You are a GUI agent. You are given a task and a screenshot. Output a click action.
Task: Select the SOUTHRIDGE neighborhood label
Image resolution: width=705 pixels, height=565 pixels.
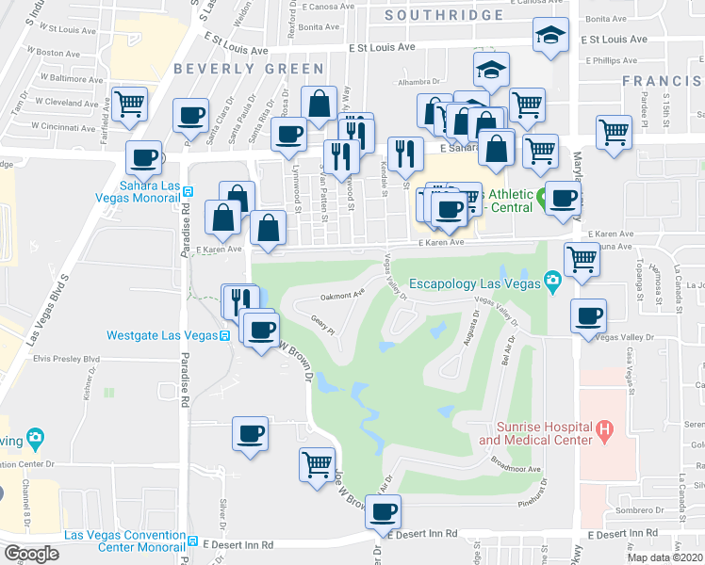(444, 15)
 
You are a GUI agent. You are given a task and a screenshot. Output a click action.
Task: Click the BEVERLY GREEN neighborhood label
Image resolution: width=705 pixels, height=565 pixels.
(249, 69)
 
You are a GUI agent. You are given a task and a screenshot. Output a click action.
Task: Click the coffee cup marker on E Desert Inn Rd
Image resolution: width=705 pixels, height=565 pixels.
(382, 511)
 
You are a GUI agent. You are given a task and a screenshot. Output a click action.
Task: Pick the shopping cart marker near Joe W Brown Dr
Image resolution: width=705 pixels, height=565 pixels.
(317, 463)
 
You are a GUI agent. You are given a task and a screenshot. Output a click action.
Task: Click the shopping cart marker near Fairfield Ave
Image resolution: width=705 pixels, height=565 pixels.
(129, 103)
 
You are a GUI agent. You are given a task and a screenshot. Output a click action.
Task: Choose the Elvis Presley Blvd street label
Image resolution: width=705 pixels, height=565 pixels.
(66, 359)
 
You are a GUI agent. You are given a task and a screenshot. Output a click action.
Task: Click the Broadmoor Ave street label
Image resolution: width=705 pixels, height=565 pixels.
(516, 468)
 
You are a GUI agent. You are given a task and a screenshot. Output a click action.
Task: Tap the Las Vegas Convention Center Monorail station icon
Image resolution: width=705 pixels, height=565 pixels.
(191, 542)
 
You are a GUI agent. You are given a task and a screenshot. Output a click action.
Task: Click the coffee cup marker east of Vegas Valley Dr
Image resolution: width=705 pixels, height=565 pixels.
(589, 315)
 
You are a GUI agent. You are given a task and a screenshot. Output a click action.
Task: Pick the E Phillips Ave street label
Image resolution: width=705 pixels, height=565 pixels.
(613, 60)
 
